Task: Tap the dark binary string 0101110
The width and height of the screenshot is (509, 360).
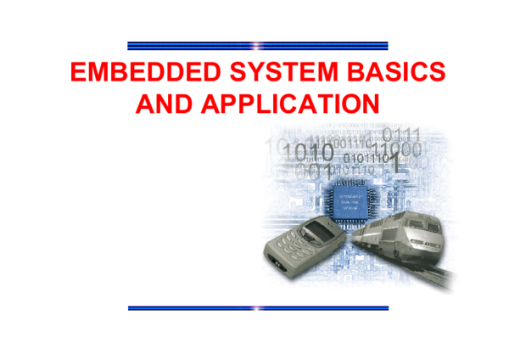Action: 366,157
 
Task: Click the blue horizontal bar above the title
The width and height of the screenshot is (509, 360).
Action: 257,45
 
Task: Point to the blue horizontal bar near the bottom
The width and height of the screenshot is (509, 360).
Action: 257,307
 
